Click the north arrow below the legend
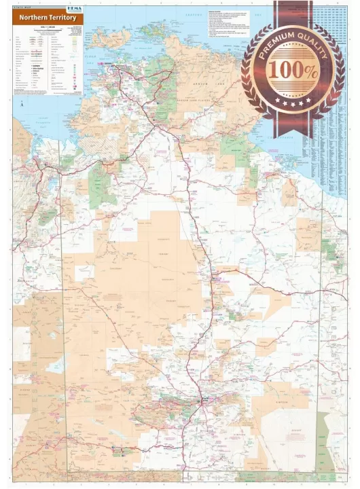coord(22,104)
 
